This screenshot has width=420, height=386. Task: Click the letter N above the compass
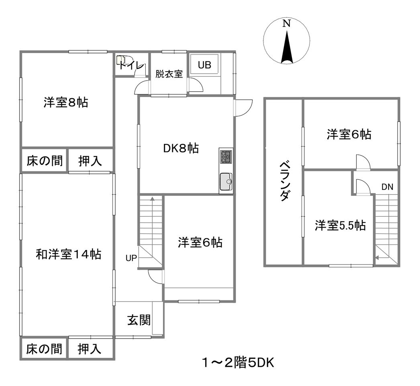pos(287,24)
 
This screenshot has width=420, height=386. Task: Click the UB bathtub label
pos(204,65)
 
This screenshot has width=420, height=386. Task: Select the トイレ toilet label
pos(132,65)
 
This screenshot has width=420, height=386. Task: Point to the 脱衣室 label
pos(169,74)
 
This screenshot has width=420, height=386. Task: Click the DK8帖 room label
pos(181,148)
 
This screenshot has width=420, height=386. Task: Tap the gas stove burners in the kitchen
pos(226,157)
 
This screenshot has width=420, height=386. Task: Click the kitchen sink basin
pos(226,182)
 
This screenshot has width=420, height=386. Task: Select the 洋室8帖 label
pos(66,103)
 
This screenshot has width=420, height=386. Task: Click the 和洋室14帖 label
pos(69,254)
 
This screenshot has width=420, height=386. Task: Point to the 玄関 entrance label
pos(139,320)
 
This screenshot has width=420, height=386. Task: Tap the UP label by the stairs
pos(131,258)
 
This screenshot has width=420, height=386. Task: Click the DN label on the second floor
pos(387,187)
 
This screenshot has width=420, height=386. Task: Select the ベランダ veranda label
pos(284,181)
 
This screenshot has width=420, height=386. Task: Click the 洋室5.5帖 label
pos(340,225)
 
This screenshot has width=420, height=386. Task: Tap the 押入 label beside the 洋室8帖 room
pos(90,161)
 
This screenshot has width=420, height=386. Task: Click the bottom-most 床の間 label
pos(44,349)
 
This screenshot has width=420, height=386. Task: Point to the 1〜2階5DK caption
pos(238,363)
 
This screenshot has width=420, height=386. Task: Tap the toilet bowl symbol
pos(121,60)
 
